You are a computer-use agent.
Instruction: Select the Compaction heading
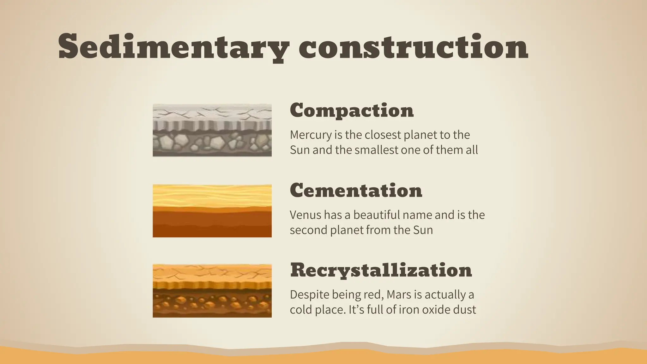point(352,110)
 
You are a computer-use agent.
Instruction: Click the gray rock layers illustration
point(212,130)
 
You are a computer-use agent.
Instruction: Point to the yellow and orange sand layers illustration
point(212,211)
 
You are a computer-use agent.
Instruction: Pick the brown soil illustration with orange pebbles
point(212,291)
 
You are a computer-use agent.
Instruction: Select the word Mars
point(399,294)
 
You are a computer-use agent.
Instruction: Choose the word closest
point(383,135)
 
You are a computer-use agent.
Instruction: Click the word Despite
point(309,295)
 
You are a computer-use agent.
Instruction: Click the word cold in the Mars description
point(301,310)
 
